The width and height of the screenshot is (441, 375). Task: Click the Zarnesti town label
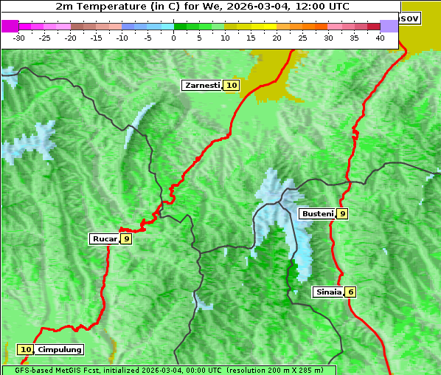pyautogui.click(x=201, y=86)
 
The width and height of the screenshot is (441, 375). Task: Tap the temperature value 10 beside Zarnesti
pyautogui.click(x=232, y=86)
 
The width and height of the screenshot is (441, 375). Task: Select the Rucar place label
pyautogui.click(x=104, y=238)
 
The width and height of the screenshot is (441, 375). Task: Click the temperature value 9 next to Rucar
pyautogui.click(x=126, y=238)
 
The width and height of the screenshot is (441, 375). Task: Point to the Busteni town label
pyautogui.click(x=316, y=214)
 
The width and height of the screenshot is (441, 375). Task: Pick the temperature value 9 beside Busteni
pyautogui.click(x=342, y=214)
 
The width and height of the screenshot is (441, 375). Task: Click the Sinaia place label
pyautogui.click(x=328, y=292)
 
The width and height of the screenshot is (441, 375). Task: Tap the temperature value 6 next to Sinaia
pyautogui.click(x=351, y=292)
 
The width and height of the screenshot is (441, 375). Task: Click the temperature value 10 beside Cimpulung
pyautogui.click(x=26, y=350)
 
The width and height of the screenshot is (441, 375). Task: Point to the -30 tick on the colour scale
pyautogui.click(x=19, y=37)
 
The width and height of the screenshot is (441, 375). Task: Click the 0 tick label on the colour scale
pyautogui.click(x=174, y=37)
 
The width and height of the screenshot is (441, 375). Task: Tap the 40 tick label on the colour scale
pyautogui.click(x=380, y=37)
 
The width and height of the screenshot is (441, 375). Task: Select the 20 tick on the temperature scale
pyautogui.click(x=277, y=37)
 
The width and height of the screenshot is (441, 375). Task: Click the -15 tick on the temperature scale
pyautogui.click(x=97, y=37)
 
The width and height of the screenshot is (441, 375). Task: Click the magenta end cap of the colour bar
pyautogui.click(x=10, y=26)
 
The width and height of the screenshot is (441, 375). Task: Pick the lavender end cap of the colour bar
pyautogui.click(x=389, y=26)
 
